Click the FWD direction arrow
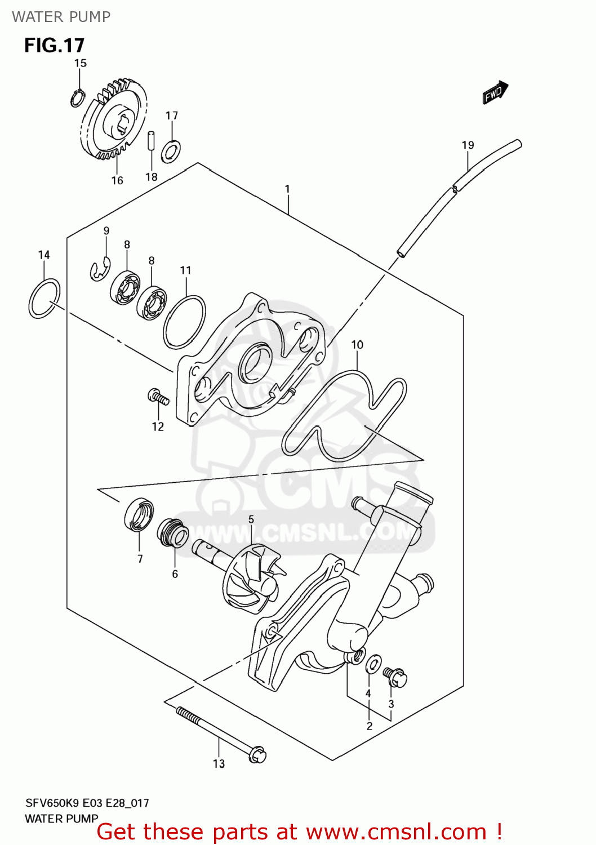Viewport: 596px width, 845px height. [x=495, y=92]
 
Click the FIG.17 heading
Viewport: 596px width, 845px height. [x=54, y=45]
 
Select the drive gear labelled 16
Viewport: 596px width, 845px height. [x=114, y=121]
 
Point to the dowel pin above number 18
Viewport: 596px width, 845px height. [x=151, y=140]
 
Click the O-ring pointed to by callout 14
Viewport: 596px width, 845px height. [x=45, y=299]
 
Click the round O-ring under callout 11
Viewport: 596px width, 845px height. [x=185, y=322]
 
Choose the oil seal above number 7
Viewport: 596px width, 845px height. [x=139, y=514]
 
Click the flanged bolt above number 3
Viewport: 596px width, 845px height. [x=395, y=677]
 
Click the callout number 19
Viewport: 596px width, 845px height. [x=468, y=145]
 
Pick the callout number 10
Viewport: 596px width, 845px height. [x=357, y=345]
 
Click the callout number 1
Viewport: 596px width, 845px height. [x=287, y=189]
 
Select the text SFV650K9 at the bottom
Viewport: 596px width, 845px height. [x=52, y=803]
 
